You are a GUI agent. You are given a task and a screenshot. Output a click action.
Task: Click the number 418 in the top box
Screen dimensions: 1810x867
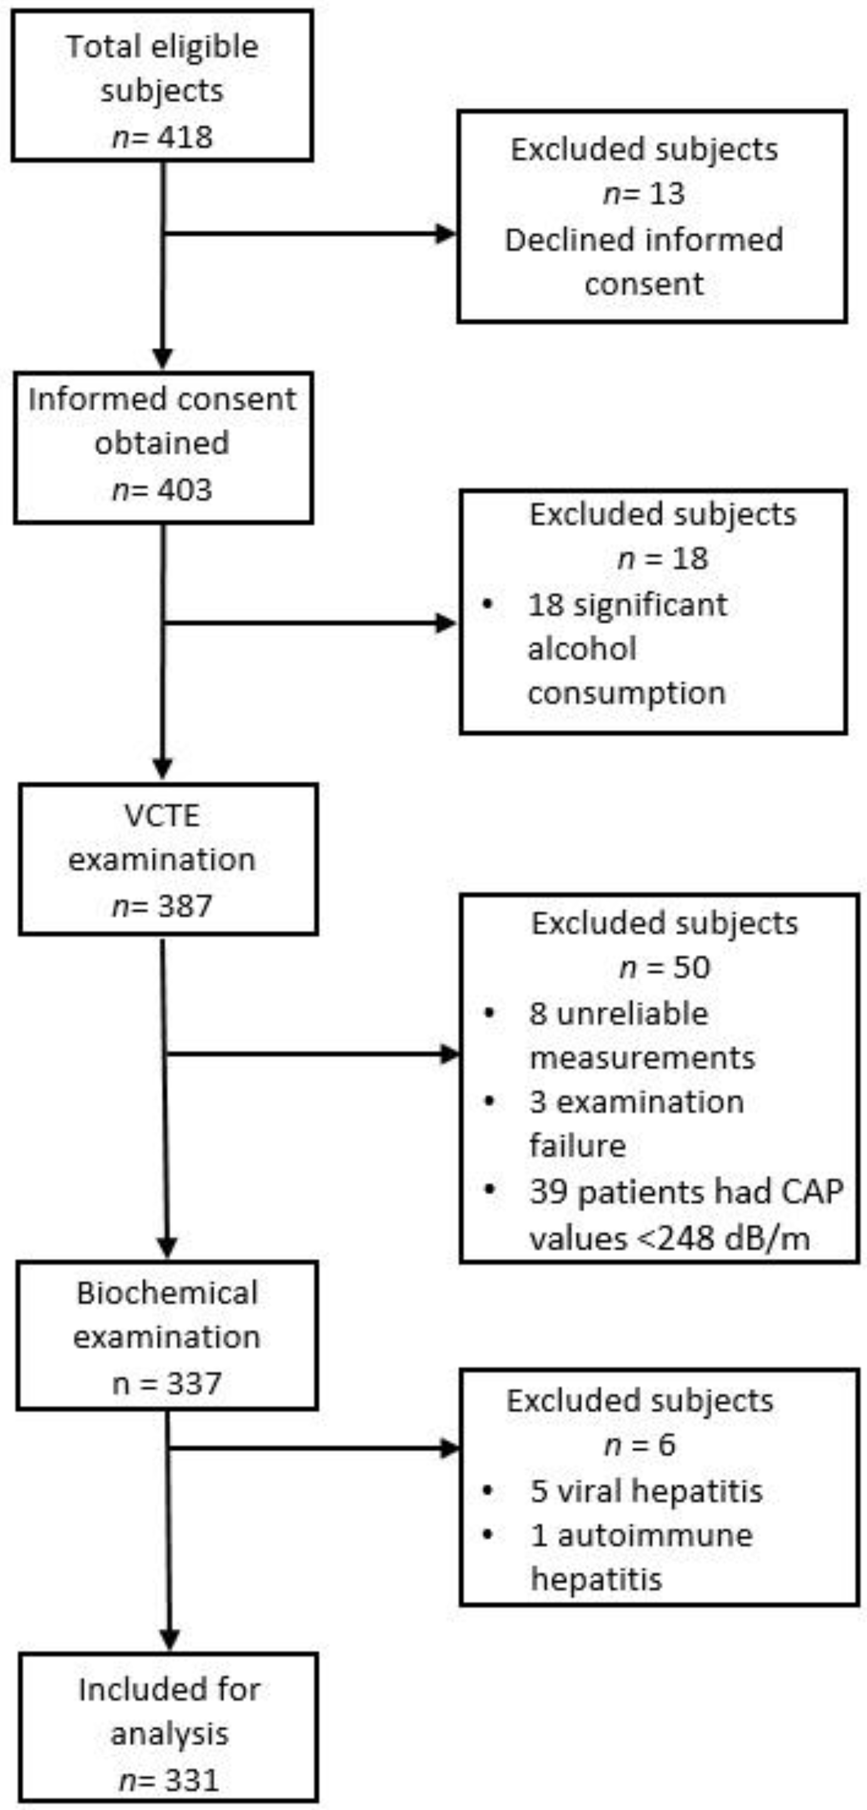coord(185,137)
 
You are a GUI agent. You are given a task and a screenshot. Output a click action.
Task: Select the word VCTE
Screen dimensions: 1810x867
coord(163,816)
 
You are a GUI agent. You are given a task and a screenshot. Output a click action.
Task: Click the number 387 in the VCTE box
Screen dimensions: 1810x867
coord(185,906)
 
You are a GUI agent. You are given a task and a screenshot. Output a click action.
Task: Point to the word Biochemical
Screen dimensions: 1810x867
coord(167,1293)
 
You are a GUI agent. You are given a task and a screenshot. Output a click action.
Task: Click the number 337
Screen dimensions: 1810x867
coord(195,1384)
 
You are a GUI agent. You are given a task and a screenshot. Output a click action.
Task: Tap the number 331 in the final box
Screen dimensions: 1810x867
coord(192,1780)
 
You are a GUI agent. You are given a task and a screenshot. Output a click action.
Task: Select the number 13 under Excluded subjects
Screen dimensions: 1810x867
coord(667,194)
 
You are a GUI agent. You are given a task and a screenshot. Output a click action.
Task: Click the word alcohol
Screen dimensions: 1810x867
coord(582,648)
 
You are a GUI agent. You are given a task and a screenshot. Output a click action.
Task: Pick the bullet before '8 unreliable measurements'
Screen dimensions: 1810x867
coord(489,1013)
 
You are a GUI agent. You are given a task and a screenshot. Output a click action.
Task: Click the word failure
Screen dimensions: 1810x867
coord(578,1146)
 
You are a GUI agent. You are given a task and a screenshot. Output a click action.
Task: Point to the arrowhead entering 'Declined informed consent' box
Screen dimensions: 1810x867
coord(447,234)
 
